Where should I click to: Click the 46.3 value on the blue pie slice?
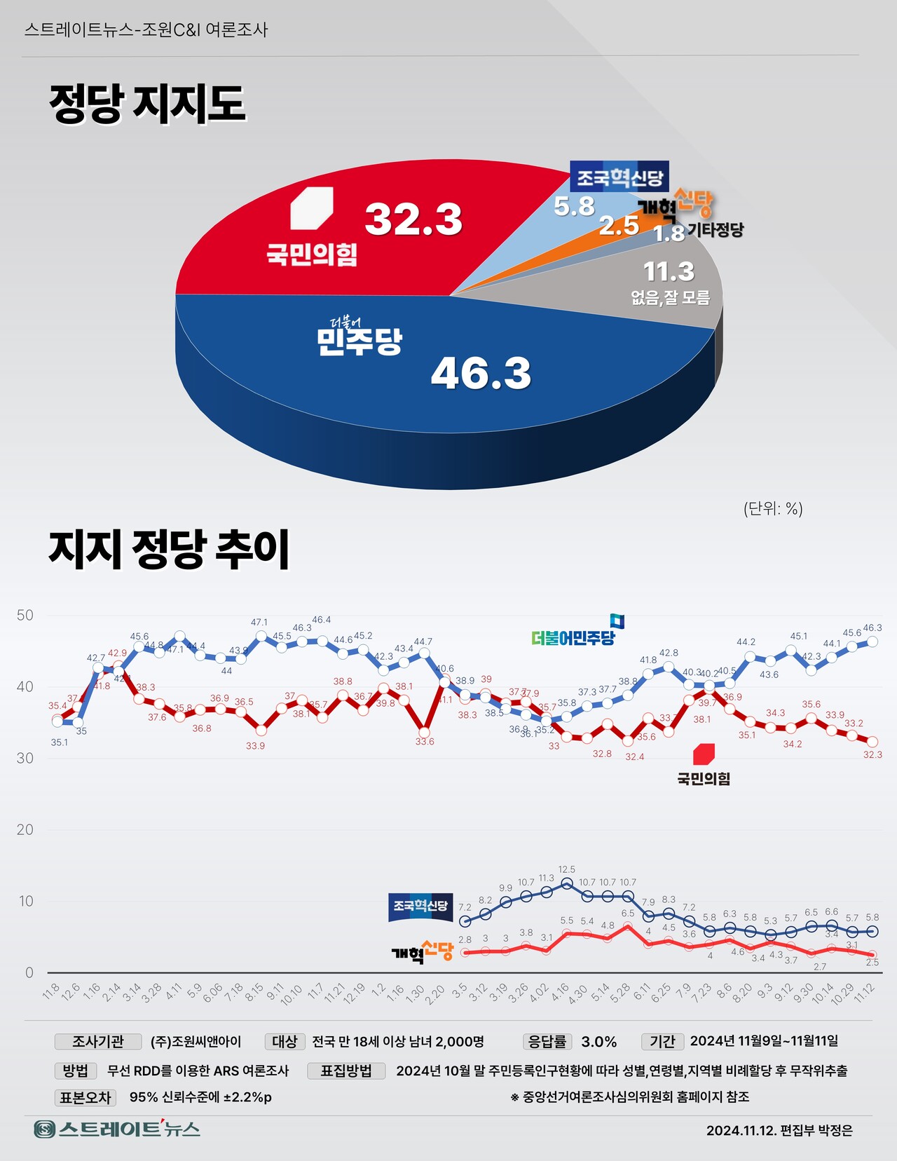coord(481,373)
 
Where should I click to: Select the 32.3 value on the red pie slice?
coord(413,219)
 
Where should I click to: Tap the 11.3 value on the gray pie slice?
coord(669,271)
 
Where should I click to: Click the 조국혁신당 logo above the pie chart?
coord(619,177)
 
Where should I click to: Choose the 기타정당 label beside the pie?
coord(715,230)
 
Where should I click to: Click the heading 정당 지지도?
coord(147,104)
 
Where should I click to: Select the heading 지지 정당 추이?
coord(169,549)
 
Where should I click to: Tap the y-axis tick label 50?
coord(25,616)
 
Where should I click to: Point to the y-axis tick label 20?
coord(25,830)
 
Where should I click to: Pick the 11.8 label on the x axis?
coord(51,992)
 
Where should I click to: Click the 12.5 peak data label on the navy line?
coord(567,870)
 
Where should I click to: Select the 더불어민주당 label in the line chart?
coord(573,637)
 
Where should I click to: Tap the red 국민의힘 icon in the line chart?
coord(704,754)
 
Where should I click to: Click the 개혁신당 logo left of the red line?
coord(422,952)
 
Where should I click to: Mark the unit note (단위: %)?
coord(773,509)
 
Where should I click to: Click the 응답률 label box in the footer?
coord(547,1042)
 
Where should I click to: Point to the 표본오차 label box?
coord(85,1097)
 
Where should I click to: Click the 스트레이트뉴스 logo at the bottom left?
coord(118,1129)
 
